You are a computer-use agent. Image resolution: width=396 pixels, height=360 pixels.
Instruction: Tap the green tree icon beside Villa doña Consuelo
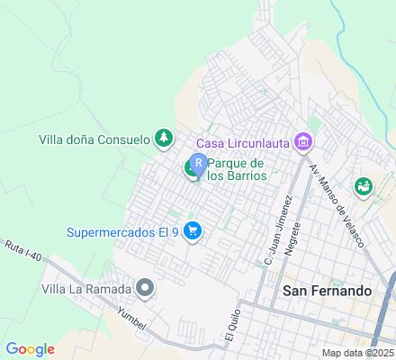click(164, 138)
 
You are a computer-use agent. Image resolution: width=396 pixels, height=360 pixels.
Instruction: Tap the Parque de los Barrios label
click(236, 169)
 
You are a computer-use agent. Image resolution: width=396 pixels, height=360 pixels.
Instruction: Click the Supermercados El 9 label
click(122, 232)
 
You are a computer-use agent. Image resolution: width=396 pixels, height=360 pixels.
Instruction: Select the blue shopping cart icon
click(192, 231)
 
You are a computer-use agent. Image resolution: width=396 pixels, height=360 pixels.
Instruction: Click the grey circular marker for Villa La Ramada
click(144, 289)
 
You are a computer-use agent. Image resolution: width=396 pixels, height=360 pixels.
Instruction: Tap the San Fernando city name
click(326, 291)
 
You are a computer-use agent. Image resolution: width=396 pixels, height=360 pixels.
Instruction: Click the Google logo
click(30, 349)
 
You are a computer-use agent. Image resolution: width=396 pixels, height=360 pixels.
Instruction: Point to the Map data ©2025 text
click(358, 352)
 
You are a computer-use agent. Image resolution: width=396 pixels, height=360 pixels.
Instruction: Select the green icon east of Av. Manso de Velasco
click(364, 186)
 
